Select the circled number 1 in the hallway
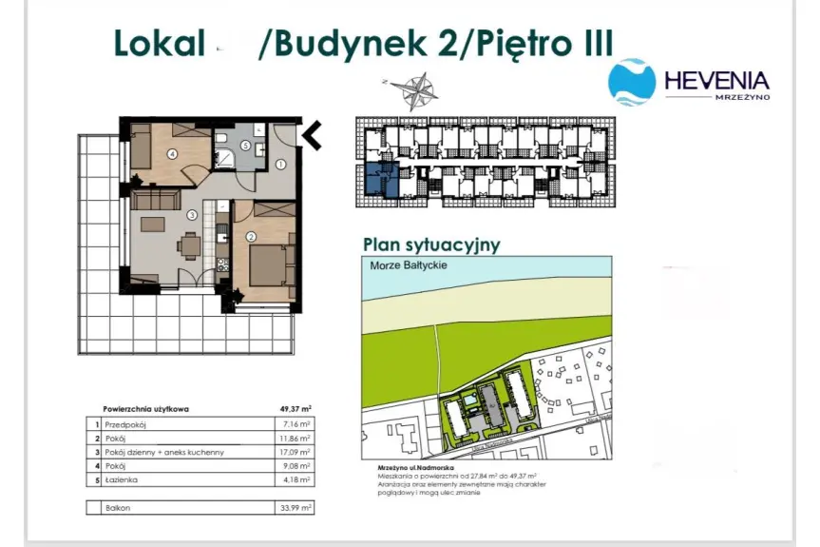coord(280,164)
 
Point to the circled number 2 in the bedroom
coord(251,237)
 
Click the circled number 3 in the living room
coord(191,215)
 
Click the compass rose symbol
coord(410,90)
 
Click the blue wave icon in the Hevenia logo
coord(631,82)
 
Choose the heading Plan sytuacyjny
coord(430,244)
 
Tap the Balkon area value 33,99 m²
coord(297,509)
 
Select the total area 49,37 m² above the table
coord(296,409)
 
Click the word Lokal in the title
coord(160,44)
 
